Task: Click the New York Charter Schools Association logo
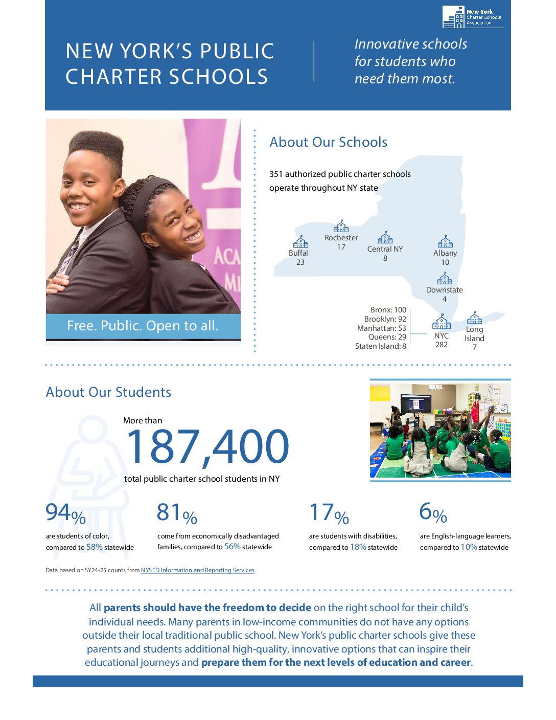click(x=472, y=17)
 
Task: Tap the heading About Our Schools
click(x=328, y=142)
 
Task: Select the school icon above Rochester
click(x=341, y=226)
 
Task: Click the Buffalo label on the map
click(x=298, y=253)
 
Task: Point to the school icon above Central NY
click(x=385, y=238)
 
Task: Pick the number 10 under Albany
click(x=445, y=262)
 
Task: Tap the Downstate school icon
click(x=445, y=279)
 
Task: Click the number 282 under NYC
click(x=442, y=345)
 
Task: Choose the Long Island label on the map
click(x=474, y=334)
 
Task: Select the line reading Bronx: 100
click(x=388, y=310)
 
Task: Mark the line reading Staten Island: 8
click(x=381, y=346)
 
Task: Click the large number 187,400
click(x=207, y=447)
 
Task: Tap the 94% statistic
click(x=65, y=513)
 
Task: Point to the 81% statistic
click(x=177, y=513)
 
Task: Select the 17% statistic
click(x=329, y=513)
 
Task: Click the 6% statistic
click(x=433, y=512)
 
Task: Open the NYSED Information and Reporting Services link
click(x=197, y=570)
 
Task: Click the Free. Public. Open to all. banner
click(x=143, y=326)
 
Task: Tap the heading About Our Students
click(x=108, y=392)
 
